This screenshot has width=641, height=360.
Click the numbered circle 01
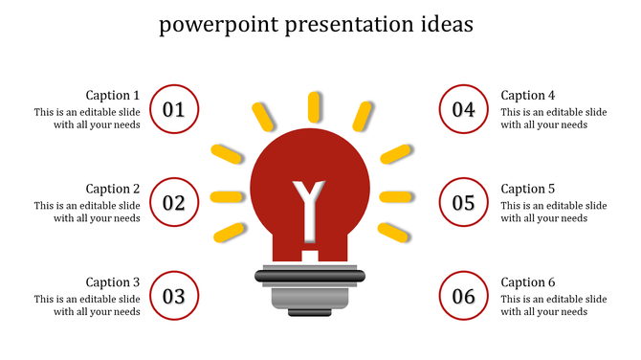(x=174, y=109)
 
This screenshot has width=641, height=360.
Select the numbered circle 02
(x=174, y=202)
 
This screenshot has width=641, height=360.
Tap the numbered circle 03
(x=174, y=296)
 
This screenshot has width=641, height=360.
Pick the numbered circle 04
(x=464, y=109)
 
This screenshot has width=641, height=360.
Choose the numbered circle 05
(x=464, y=202)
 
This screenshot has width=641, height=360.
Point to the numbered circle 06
(x=464, y=296)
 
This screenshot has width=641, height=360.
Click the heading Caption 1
(x=113, y=95)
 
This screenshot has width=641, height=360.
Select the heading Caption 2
(x=113, y=189)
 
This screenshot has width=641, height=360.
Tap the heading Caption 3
(x=113, y=282)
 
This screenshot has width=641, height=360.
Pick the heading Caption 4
(x=528, y=95)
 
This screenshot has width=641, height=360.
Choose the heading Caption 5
(x=528, y=189)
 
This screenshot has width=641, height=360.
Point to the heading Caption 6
(x=528, y=282)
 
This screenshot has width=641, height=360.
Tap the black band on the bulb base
(x=310, y=277)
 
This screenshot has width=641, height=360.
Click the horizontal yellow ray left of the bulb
(x=225, y=197)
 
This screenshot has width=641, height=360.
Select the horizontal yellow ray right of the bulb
(x=395, y=197)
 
